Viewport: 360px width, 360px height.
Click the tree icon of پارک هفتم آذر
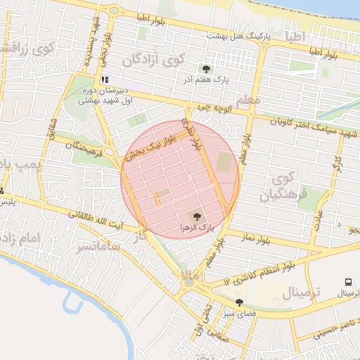206,69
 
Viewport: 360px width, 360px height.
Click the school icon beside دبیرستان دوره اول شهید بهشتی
105,80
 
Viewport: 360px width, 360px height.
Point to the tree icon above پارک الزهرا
196,217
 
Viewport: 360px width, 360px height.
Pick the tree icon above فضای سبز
239,302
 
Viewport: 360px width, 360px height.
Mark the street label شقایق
51,130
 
